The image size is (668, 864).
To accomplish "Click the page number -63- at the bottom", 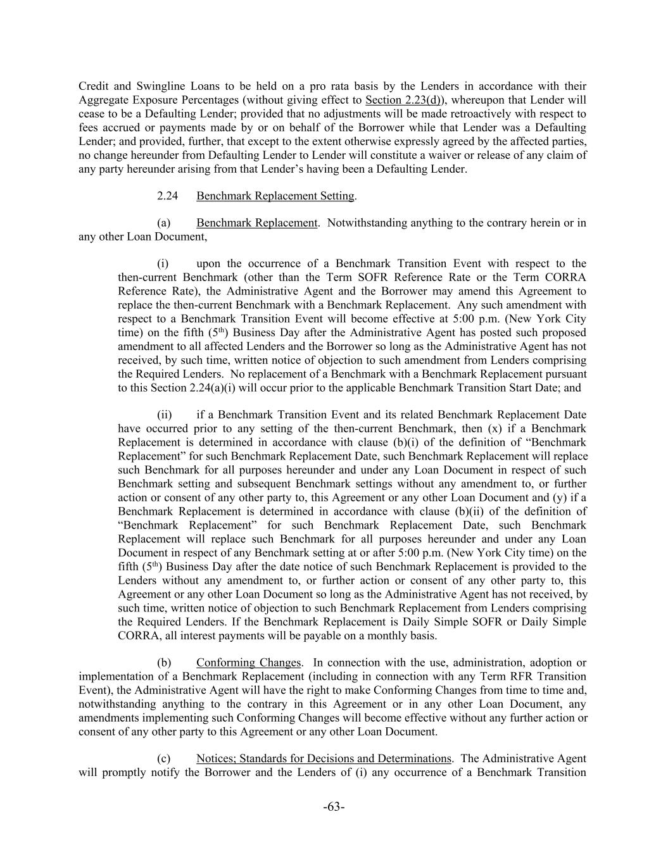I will click(334, 806).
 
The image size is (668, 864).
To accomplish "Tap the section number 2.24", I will click(167, 196).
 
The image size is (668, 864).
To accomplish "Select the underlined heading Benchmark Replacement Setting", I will click(275, 196).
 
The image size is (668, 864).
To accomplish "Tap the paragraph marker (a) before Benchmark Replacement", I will click(163, 223).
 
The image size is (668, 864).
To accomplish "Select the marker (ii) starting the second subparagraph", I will click(164, 415).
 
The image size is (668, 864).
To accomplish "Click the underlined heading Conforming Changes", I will click(248, 663).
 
